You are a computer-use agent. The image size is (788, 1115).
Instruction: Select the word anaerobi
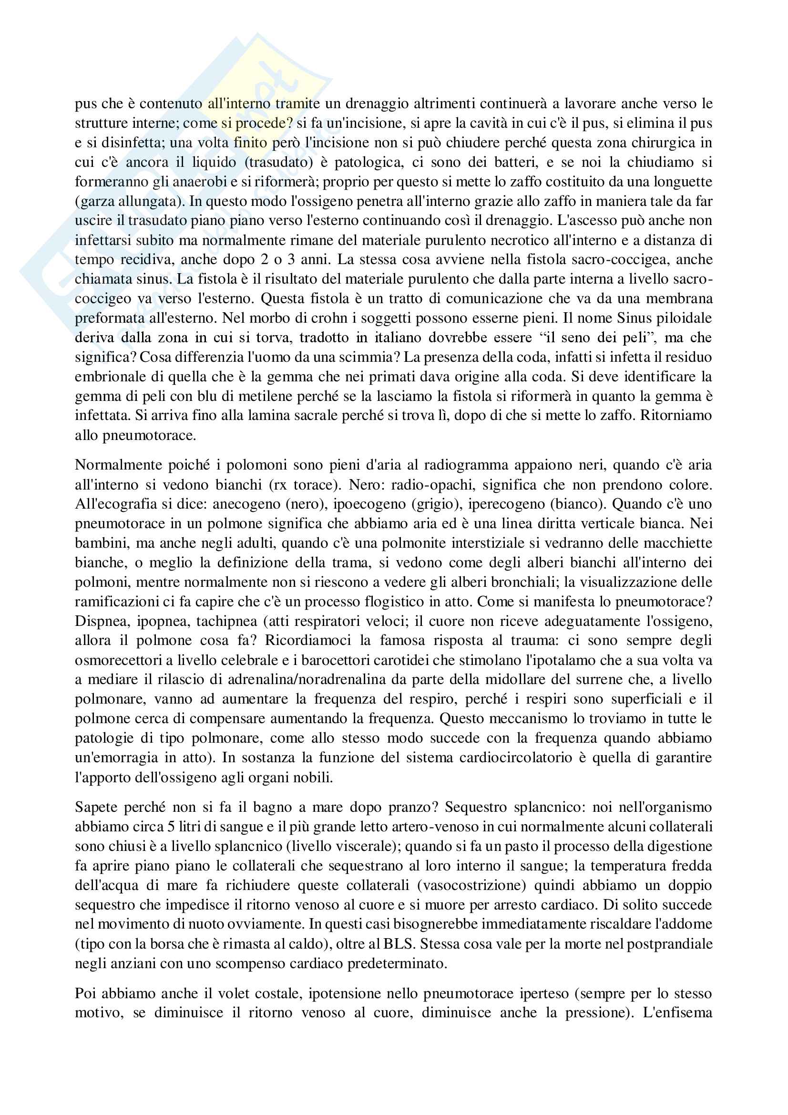(201, 182)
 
